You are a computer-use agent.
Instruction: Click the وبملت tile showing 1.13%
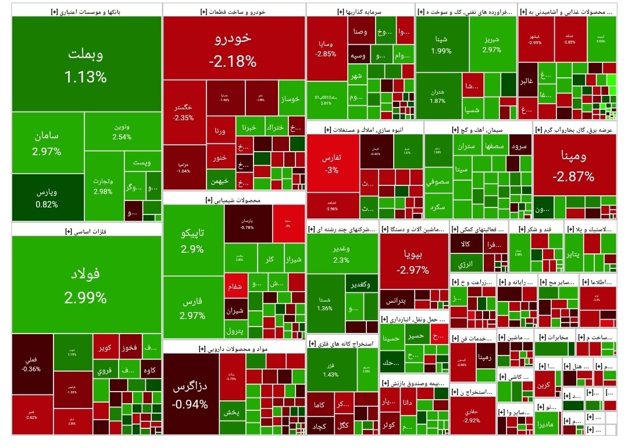point(86,64)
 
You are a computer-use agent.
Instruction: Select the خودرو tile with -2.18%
point(234,49)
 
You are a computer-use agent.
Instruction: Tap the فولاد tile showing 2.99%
point(86,285)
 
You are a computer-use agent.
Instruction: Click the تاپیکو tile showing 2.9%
point(192,241)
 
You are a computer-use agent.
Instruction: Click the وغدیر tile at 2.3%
point(341,253)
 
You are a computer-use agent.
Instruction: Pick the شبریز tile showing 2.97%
point(491,44)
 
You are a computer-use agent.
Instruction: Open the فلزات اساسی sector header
point(86,231)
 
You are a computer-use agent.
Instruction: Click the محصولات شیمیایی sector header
point(234,199)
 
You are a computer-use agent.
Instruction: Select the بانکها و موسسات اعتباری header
point(86,11)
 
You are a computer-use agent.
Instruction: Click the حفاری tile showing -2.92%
point(472,416)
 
